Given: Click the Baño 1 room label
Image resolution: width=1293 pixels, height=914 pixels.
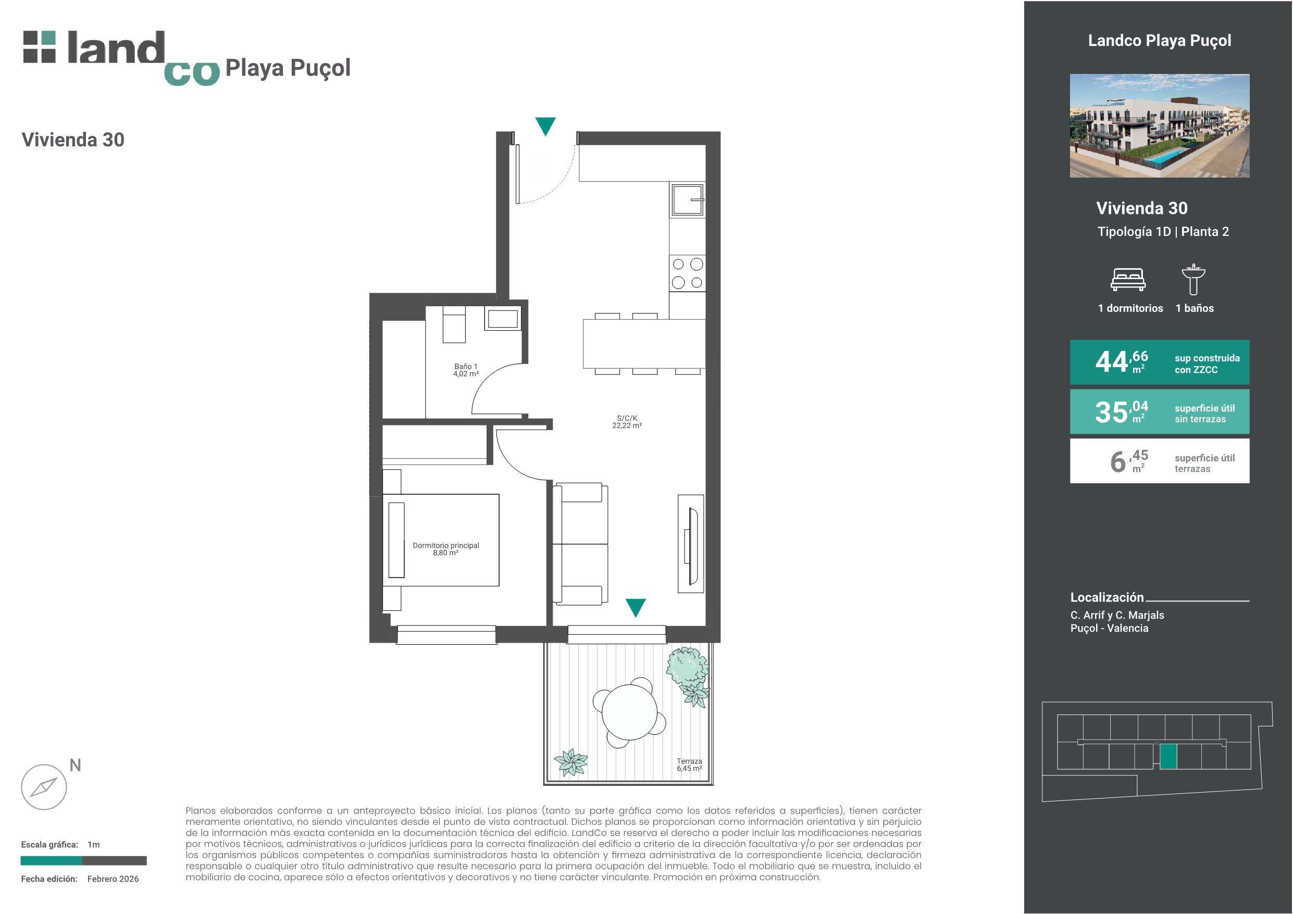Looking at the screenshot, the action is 466,370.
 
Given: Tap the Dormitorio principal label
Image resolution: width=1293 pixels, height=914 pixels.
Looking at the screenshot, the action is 445,549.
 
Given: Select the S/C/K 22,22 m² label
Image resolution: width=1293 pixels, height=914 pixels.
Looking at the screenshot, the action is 627,422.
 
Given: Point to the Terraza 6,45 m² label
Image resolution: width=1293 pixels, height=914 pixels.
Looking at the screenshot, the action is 689,765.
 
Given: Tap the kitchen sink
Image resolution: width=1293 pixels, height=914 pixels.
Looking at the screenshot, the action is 687,199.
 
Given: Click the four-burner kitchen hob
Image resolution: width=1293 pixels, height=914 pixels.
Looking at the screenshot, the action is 687,273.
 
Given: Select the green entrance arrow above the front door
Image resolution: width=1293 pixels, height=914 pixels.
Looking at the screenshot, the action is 545,125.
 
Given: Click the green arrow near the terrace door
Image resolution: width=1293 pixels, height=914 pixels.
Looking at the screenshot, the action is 635,608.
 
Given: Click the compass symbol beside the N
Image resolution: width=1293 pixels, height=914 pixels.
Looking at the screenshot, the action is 44,787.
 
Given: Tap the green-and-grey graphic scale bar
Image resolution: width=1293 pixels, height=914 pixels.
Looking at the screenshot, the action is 84,860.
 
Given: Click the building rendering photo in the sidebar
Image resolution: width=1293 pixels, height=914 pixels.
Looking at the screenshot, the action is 1160,126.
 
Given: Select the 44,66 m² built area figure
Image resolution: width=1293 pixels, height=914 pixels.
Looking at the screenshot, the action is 1121,362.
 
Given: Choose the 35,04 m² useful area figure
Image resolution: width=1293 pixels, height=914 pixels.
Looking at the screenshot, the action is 1121,411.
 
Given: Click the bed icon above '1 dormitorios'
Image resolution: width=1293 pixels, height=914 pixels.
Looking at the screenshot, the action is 1128,279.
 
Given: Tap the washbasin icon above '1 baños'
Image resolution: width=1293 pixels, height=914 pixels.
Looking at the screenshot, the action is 1193,279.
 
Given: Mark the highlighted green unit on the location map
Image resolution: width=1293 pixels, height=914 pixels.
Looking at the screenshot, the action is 1168,756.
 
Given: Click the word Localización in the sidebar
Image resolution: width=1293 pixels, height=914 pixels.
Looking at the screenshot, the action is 1107,597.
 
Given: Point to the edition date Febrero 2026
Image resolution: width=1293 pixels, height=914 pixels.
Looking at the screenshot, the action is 113,879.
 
